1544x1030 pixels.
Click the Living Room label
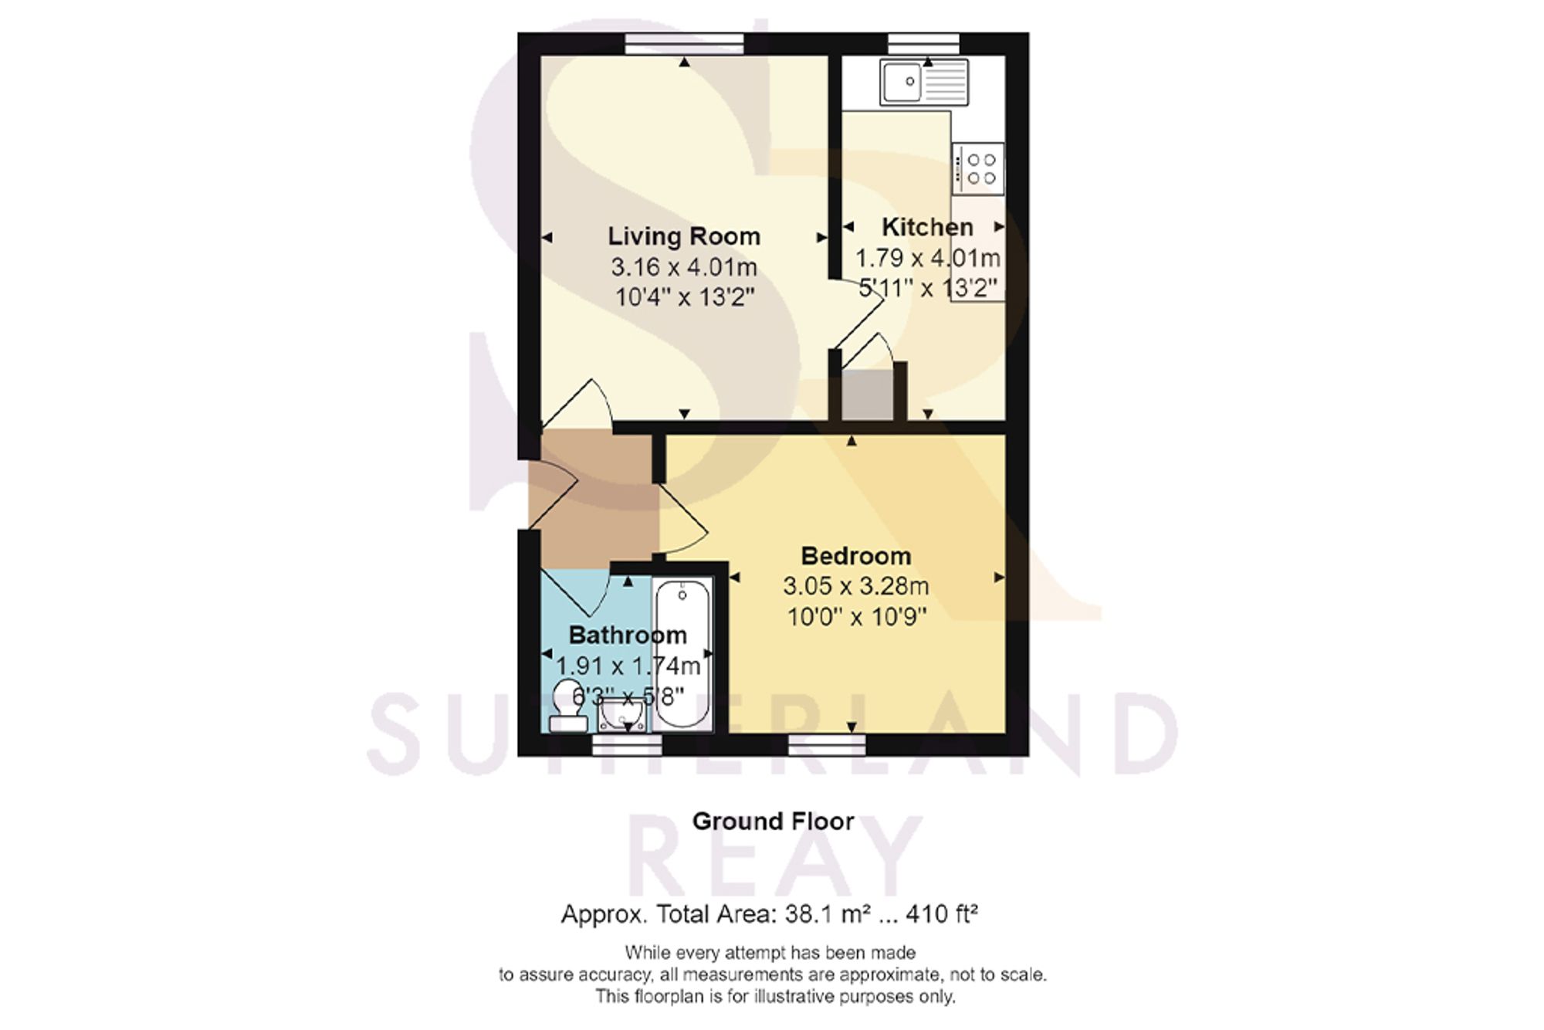684,236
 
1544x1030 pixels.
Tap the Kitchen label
927,227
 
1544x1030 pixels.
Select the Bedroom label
856,556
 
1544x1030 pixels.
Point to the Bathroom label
628,635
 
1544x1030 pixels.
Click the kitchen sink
924,82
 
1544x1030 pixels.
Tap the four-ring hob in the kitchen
978,169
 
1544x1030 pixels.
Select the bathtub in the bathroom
682,653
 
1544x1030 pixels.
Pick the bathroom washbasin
623,715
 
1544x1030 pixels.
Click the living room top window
684,44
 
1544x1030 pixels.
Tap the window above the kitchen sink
923,44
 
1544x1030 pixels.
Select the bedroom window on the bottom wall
827,744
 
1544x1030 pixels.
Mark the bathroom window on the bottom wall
627,744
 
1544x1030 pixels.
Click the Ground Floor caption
773,821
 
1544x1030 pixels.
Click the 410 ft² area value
942,914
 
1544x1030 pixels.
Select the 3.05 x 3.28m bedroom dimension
856,586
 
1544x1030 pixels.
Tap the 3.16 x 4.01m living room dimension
684,267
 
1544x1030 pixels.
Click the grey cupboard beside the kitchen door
867,395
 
